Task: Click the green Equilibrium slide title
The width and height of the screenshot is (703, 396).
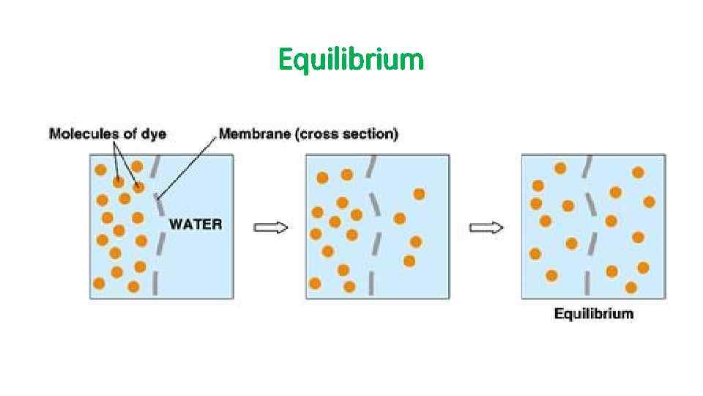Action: [x=351, y=59]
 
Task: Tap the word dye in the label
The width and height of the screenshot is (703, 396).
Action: [x=155, y=134]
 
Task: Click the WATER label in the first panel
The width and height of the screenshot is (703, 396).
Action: [x=196, y=224]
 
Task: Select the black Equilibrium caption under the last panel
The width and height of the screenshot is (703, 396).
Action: [x=593, y=314]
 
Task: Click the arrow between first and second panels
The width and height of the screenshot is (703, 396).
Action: [x=270, y=228]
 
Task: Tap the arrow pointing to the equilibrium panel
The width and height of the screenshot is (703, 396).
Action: [x=486, y=228]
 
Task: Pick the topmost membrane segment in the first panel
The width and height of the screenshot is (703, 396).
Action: [x=155, y=168]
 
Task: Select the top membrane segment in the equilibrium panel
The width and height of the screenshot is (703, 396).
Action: [x=587, y=167]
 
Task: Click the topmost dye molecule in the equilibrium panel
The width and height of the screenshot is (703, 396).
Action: [x=560, y=168]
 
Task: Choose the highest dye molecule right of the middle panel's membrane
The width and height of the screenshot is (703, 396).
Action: [x=419, y=194]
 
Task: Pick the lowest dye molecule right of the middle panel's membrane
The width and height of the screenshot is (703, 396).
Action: [x=409, y=260]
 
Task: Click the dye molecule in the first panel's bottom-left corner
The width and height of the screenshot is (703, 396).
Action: [x=99, y=283]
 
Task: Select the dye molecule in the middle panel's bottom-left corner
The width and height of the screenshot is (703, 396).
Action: [x=315, y=283]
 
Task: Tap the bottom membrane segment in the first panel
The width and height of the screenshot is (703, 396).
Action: [x=155, y=282]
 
